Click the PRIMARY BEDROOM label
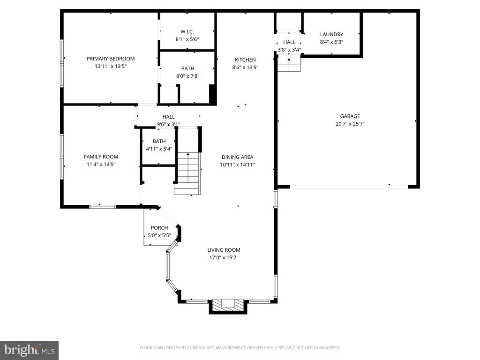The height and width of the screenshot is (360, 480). tap(111, 59)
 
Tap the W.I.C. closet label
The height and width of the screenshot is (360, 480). tap(187, 32)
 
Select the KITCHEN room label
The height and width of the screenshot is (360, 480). tap(245, 60)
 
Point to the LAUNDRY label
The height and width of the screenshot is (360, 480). tap(331, 35)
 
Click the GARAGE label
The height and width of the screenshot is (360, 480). tap(350, 116)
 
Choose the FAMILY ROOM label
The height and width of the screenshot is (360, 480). tap(101, 157)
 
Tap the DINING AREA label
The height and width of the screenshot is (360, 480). tap(238, 157)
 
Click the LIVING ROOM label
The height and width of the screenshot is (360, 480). tap(224, 250)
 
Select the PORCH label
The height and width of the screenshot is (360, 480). tap(159, 228)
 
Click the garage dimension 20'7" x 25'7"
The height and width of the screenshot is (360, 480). tap(350, 124)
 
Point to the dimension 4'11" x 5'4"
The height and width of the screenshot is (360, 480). tap(159, 149)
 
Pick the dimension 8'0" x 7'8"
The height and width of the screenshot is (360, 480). tap(187, 76)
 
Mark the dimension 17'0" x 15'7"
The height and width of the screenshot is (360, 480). tap(224, 258)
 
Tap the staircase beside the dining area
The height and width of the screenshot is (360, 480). tap(187, 173)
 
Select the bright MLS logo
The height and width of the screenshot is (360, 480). tap(30, 350)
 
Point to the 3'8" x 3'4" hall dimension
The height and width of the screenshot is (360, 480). tap(289, 50)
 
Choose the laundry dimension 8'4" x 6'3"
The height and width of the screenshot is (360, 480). tap(331, 42)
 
